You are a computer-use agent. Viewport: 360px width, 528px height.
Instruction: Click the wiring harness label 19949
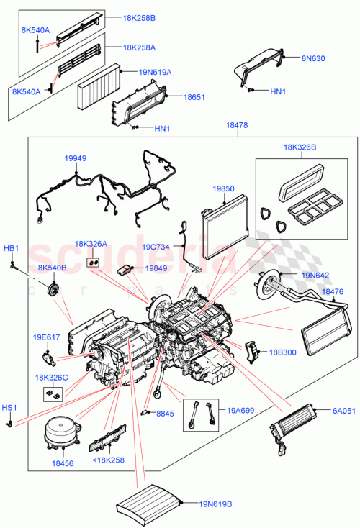(76, 158)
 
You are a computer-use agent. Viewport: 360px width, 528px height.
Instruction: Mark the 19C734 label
(156, 247)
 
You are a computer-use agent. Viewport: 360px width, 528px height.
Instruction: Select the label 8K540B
(53, 268)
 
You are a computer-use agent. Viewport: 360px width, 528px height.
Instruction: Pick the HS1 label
(9, 407)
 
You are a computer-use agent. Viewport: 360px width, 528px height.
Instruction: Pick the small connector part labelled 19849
(127, 270)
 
